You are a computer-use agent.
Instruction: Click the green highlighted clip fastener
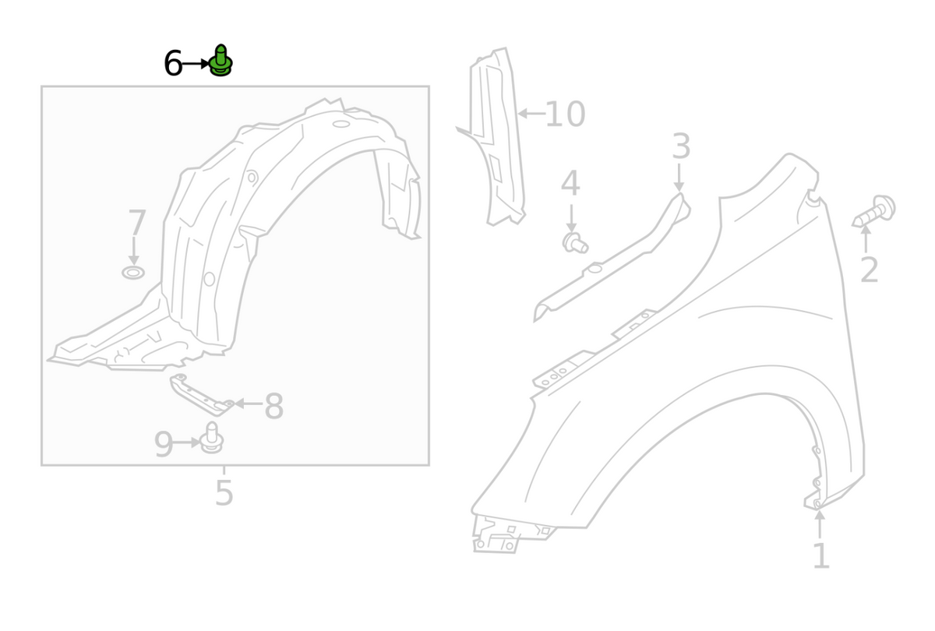[221, 62]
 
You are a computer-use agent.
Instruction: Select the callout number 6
[173, 64]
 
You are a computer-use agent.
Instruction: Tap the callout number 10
[565, 115]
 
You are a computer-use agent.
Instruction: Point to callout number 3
[681, 147]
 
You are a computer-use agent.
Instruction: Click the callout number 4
[570, 185]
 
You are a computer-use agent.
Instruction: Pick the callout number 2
[869, 270]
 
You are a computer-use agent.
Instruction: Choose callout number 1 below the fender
[820, 556]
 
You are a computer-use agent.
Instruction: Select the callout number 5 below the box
[224, 493]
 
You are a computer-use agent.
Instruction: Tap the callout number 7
[136, 224]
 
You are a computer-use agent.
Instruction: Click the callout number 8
[273, 407]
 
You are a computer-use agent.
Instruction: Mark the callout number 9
[163, 445]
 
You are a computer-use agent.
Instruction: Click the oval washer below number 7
[133, 273]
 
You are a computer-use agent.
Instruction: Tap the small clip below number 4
[574, 243]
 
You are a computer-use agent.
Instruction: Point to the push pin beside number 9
[212, 439]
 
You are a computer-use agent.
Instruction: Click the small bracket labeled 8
[199, 393]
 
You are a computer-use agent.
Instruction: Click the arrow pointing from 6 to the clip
[196, 64]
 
